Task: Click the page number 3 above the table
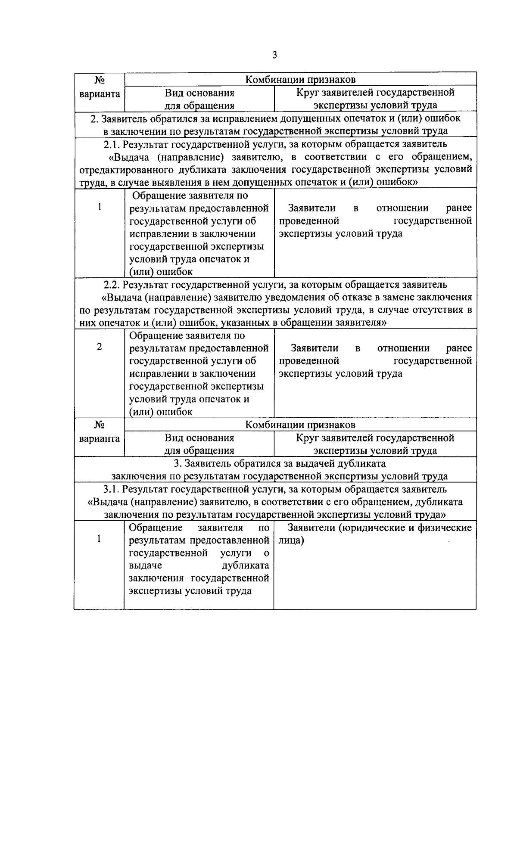(274, 55)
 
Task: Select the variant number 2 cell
(100, 347)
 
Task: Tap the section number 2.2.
(112, 285)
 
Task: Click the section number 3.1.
(111, 489)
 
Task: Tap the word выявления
(161, 182)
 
